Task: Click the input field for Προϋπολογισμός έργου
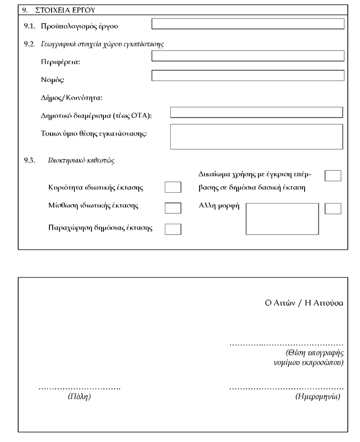coord(247,24)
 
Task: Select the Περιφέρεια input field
coord(247,56)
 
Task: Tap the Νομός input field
coord(247,76)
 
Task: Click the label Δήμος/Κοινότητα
coord(72,99)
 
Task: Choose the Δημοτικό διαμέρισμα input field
coord(257,112)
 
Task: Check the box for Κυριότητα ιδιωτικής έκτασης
coord(172,188)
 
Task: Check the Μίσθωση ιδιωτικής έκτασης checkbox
coord(172,207)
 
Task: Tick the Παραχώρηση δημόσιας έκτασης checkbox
coord(172,229)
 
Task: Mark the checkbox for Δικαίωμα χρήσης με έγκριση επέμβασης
coord(332,175)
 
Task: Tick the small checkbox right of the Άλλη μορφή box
coord(332,208)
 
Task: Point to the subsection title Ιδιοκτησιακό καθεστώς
coord(83,161)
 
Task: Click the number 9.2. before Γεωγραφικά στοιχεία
coord(30,44)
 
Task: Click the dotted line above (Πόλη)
coord(79,388)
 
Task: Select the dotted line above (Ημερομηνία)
coord(285,388)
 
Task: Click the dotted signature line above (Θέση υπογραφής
coord(285,345)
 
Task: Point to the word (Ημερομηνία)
coord(318,397)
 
